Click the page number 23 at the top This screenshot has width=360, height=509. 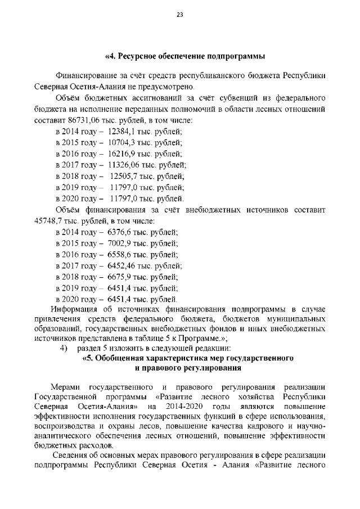tap(180, 15)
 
